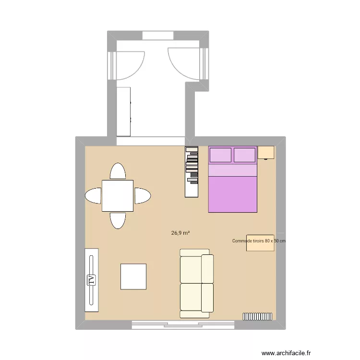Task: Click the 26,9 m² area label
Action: coord(180,233)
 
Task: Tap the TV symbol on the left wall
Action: coord(91,280)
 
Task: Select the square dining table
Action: coord(117,195)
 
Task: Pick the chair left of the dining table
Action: coord(93,195)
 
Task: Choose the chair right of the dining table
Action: coord(142,195)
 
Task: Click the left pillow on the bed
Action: coord(220,155)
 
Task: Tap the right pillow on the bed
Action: coord(244,155)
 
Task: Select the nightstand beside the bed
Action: coord(266,152)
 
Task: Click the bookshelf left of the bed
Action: coord(192,171)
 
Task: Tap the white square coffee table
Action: coord(133,276)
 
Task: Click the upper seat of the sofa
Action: coord(196,268)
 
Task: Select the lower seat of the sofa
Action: coord(196,298)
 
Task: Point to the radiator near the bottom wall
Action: coord(257,316)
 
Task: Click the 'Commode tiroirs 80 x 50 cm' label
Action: coord(259,241)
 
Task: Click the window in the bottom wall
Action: coord(183,325)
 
